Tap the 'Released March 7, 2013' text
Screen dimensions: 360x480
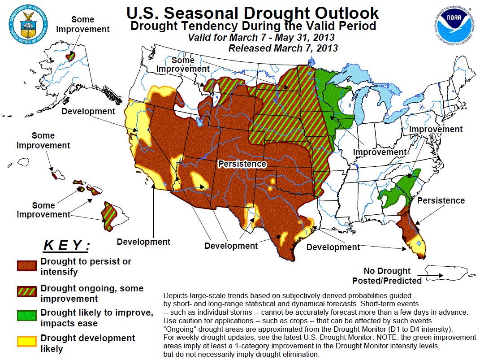click(283, 48)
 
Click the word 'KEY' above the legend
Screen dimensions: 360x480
click(66, 246)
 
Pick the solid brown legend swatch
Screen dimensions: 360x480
click(26, 266)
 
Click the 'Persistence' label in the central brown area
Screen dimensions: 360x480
click(242, 164)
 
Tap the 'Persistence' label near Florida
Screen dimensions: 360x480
click(441, 200)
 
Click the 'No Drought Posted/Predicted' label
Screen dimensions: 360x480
click(387, 276)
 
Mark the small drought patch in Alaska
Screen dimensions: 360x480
click(70, 56)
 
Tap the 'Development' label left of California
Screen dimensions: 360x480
click(88, 111)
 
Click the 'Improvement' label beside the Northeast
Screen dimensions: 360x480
click(436, 130)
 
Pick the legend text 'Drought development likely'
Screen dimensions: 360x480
click(88, 343)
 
